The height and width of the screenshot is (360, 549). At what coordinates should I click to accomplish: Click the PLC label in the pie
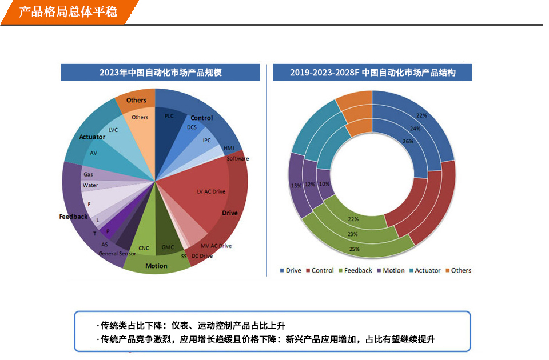tap(169, 116)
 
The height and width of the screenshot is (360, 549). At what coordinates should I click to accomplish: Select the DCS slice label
tap(192, 127)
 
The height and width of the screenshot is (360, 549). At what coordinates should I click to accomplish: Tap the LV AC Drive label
tap(211, 191)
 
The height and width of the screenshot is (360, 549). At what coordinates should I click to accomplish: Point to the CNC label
tap(144, 248)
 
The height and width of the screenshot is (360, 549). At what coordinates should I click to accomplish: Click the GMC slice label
tap(168, 248)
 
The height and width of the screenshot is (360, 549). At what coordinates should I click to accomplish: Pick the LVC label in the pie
tap(113, 130)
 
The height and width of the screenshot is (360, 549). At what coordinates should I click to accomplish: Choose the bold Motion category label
tap(156, 266)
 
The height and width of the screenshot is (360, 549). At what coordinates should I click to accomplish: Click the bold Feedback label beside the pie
tap(74, 217)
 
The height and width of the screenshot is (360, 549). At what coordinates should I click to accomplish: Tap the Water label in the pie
tap(90, 185)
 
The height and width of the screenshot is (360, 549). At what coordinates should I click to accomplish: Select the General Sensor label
tap(118, 253)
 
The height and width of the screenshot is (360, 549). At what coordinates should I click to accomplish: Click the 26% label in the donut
tap(407, 141)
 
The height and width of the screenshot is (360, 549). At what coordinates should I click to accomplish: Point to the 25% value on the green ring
tap(354, 249)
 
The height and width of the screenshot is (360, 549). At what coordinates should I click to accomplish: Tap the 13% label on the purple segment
tap(296, 186)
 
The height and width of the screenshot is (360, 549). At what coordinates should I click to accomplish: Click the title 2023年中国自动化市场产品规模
tap(161, 73)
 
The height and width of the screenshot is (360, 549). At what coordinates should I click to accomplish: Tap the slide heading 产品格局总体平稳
tap(68, 11)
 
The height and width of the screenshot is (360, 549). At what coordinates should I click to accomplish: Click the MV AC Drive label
tap(216, 246)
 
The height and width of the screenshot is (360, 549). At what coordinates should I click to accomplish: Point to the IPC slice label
tap(207, 140)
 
